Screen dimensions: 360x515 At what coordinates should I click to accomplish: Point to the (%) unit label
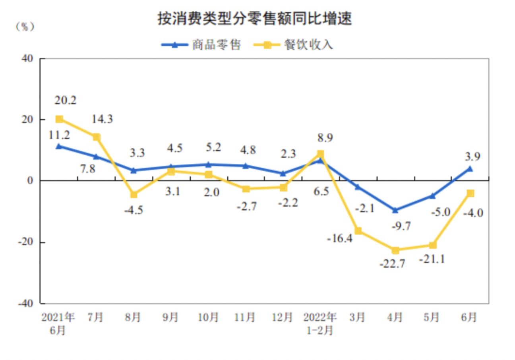(25, 27)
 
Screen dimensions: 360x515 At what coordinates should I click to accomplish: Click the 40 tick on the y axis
(27, 58)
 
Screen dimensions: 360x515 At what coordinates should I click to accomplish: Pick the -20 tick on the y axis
(25, 242)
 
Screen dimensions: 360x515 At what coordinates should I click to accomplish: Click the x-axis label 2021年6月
(58, 323)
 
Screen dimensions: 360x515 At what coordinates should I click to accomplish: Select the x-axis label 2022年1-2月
(320, 323)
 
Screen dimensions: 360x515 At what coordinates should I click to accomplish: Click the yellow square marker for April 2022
(395, 250)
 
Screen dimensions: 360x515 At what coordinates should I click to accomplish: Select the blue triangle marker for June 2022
(470, 168)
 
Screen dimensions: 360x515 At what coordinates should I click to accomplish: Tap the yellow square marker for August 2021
(134, 194)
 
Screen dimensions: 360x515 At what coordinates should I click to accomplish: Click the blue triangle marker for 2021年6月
(59, 146)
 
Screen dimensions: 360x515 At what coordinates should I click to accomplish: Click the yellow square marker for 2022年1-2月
(320, 154)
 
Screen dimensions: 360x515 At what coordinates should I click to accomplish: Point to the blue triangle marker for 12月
(283, 173)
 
